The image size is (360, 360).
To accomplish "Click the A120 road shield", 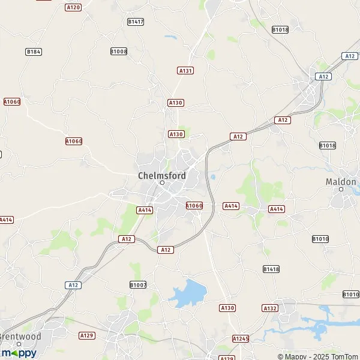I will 73,7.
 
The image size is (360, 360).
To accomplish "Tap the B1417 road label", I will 136,22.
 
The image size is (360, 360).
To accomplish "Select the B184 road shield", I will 34,52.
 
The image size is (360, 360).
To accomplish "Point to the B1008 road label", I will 119,52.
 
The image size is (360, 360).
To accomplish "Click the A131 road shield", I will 185,70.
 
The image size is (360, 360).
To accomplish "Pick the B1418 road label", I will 271,269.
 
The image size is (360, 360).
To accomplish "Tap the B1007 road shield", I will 138,284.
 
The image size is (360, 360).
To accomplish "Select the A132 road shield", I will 270,308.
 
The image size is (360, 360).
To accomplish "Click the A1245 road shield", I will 241,339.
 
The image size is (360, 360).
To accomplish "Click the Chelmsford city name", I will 161,175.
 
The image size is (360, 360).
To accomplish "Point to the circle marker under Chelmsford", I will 161,183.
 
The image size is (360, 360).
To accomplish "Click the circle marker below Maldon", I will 341,189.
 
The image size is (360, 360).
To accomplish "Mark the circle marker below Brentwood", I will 19,344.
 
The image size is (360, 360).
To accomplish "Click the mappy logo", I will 19,353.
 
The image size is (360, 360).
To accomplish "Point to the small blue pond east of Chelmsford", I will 213,177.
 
